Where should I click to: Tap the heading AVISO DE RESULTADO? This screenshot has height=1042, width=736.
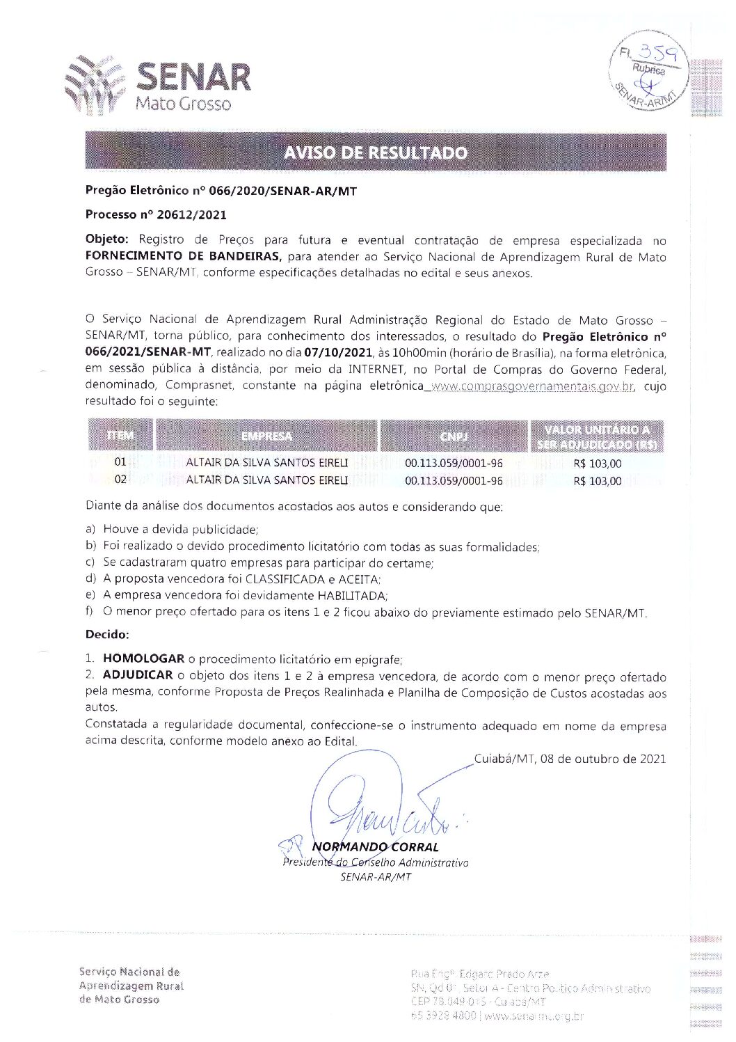375,152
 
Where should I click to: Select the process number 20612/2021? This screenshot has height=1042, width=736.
182,215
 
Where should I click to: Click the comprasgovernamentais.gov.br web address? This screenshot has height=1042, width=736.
531,386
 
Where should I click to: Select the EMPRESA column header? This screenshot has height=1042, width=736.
266,436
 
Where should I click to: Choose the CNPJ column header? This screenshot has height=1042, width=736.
454,436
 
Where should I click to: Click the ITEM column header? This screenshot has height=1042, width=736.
120,436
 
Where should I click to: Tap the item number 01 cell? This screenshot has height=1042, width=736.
121,462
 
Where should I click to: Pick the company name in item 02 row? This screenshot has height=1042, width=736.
267,480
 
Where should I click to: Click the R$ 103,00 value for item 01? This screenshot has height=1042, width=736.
598,464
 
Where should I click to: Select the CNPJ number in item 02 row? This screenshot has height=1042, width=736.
454,480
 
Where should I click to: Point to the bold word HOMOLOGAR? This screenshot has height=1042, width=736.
143,658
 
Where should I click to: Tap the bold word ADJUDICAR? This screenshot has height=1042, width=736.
138,675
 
